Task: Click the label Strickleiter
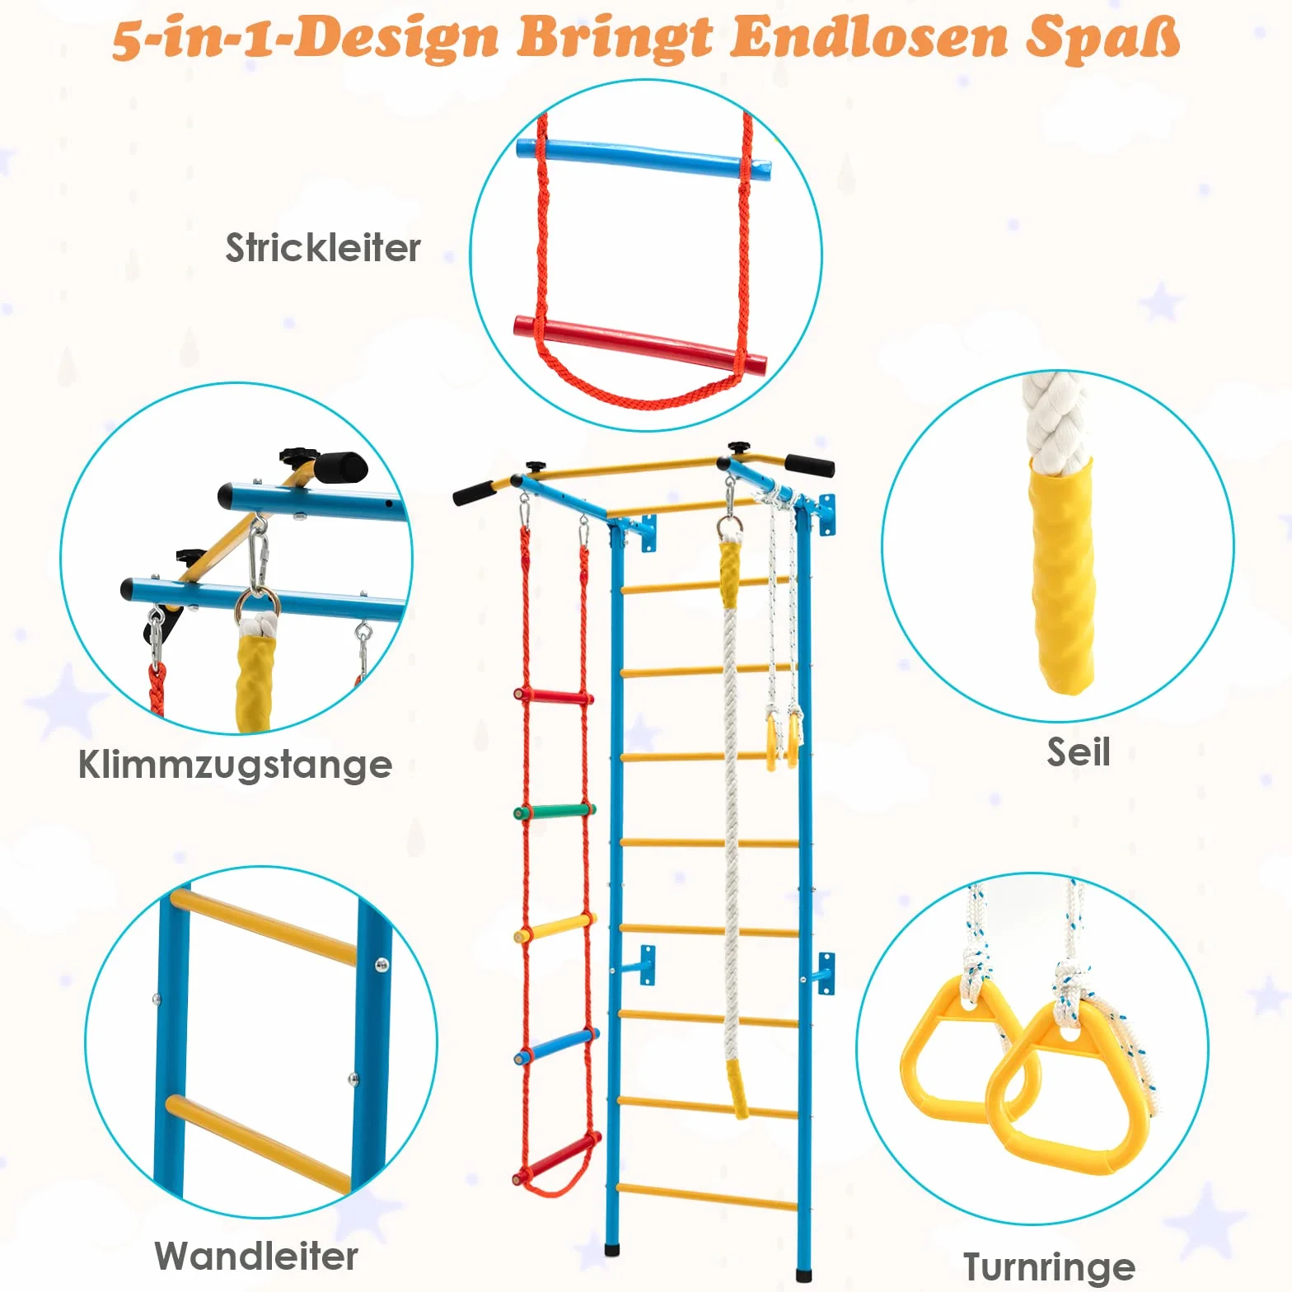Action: point(323,247)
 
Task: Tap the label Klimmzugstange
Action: point(235,764)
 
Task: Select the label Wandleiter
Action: point(256,1256)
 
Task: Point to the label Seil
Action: point(1079,751)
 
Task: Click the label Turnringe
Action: point(1049,1266)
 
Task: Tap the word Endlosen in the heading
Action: point(870,37)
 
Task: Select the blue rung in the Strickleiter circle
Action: point(644,160)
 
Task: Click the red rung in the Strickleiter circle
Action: point(640,342)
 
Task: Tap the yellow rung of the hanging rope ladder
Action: point(554,928)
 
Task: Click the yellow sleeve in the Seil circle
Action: point(1063,575)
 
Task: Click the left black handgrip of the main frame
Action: point(473,493)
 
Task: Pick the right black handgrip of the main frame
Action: point(809,465)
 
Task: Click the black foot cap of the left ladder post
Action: point(612,1249)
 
